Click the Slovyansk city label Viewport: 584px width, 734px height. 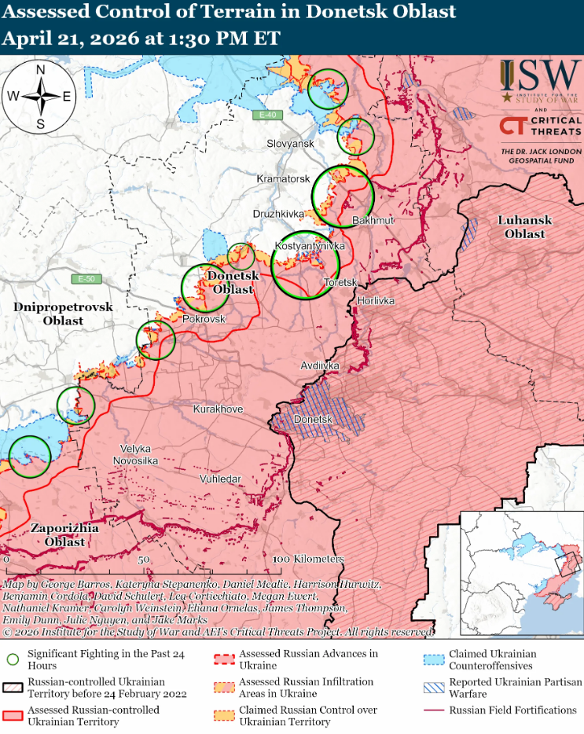coord(290,144)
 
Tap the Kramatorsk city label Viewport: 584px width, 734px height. coord(283,179)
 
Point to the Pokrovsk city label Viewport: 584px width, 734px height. coord(204,319)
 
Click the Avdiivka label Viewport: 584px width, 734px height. coord(320,366)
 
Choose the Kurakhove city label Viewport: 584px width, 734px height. coord(218,409)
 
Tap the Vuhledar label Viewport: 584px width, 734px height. coord(220,478)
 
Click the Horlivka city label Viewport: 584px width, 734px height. coord(376,301)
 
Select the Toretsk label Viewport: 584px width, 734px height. coord(341,282)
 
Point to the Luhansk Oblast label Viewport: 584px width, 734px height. coord(524,227)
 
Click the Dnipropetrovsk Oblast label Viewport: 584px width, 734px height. coord(63,314)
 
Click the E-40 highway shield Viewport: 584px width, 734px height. coord(269,116)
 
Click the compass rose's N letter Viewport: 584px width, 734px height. coord(40,70)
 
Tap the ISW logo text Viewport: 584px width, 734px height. coord(549,75)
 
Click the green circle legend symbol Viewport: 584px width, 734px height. coord(13,659)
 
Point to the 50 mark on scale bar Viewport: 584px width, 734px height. coord(144,560)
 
